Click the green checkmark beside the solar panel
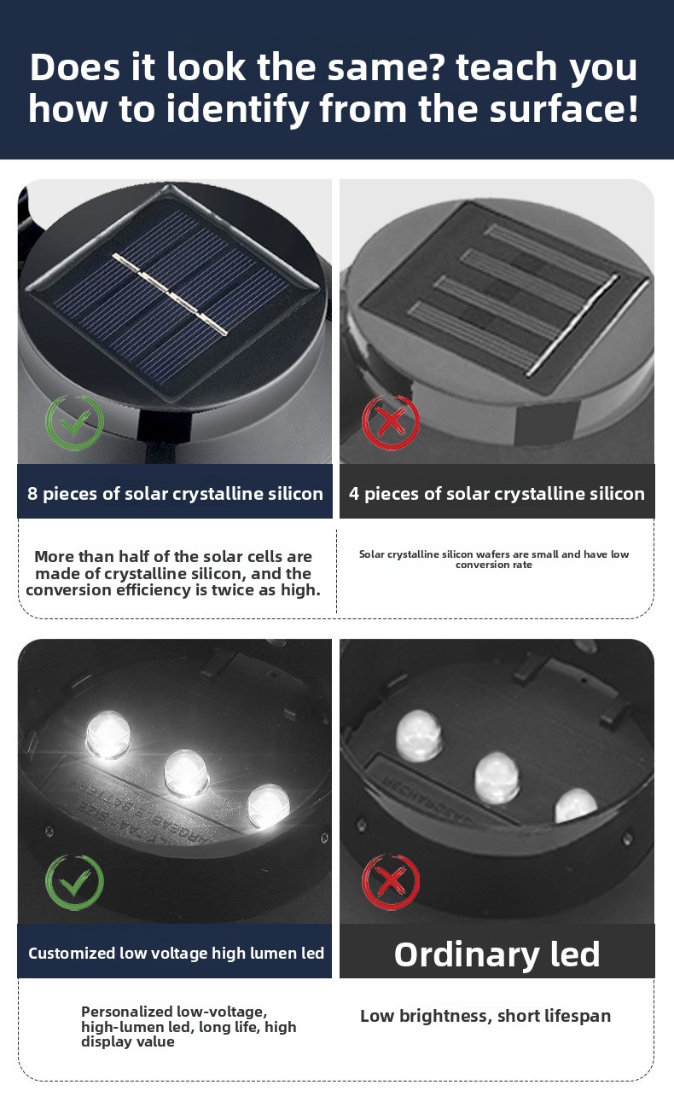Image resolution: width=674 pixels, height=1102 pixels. pyautogui.click(x=75, y=422)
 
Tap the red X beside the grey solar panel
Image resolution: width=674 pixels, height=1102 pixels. pyautogui.click(x=391, y=422)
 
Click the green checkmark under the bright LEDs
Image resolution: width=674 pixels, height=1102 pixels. pyautogui.click(x=74, y=882)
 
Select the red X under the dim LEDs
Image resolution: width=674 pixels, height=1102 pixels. pyautogui.click(x=391, y=882)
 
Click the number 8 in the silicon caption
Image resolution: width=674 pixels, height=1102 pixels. pyautogui.click(x=32, y=494)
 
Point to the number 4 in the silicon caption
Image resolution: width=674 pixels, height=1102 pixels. pyautogui.click(x=354, y=494)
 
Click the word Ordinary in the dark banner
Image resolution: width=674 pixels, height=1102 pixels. pyautogui.click(x=466, y=955)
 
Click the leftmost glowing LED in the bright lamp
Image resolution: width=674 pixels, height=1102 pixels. pyautogui.click(x=107, y=735)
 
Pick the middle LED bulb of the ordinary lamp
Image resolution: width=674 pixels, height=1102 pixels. pyautogui.click(x=497, y=778)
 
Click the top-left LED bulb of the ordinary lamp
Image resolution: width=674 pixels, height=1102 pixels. pyautogui.click(x=419, y=736)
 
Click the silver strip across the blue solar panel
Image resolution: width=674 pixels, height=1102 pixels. pyautogui.click(x=171, y=294)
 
